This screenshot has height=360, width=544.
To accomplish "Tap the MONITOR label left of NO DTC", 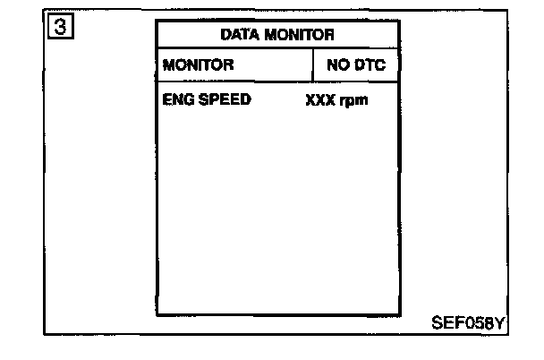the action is [x=198, y=65].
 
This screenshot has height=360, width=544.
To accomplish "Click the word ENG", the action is [x=179, y=99].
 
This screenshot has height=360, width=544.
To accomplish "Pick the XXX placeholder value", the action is [x=319, y=100].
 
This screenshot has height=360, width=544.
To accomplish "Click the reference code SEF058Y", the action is [x=468, y=322].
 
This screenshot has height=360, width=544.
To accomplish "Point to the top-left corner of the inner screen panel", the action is [x=157, y=21].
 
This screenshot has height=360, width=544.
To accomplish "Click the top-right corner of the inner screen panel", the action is [x=399, y=21].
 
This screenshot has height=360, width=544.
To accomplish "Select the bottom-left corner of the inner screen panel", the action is [x=157, y=315].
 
